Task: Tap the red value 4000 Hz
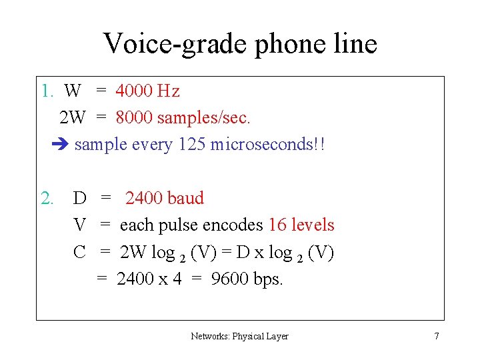pyautogui.click(x=147, y=91)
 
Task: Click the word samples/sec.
pyautogui.click(x=204, y=118)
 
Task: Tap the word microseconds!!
pyautogui.click(x=267, y=145)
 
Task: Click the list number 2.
pyautogui.click(x=47, y=198)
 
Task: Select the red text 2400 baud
pyautogui.click(x=165, y=198)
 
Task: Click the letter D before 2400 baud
pyautogui.click(x=79, y=198)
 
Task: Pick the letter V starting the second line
pyautogui.click(x=79, y=225)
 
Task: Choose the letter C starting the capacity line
pyautogui.click(x=79, y=253)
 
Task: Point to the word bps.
pyautogui.click(x=269, y=279)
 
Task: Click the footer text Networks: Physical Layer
pyautogui.click(x=239, y=336)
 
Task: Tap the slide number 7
pyautogui.click(x=437, y=336)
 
